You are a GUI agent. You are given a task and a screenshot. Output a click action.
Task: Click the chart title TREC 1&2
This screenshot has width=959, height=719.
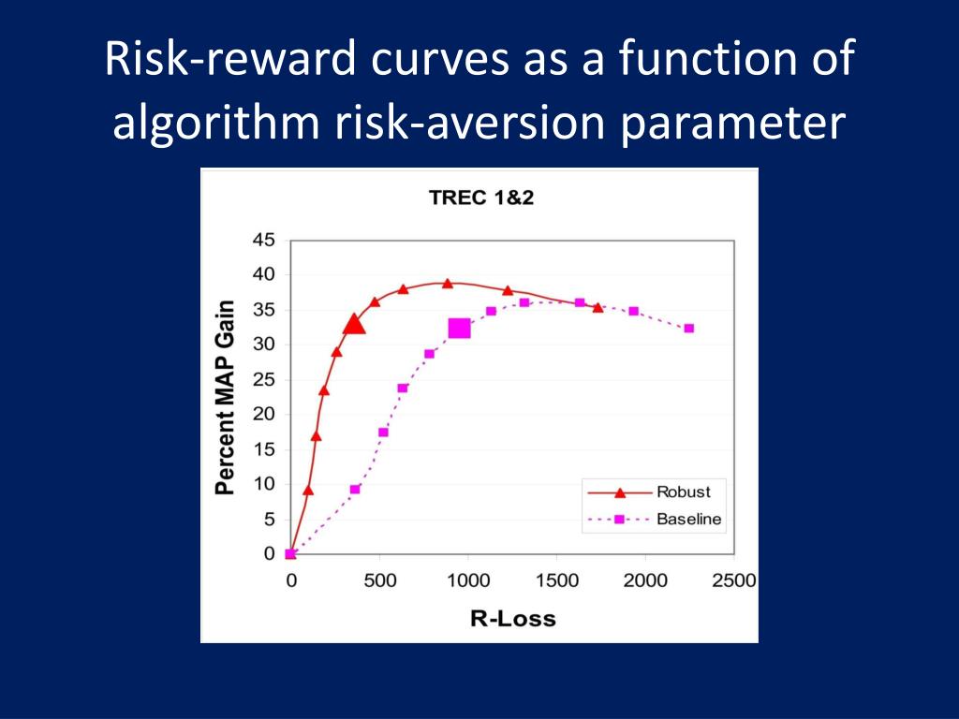coord(481,198)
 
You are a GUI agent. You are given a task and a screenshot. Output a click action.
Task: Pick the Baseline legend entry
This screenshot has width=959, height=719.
coord(655,519)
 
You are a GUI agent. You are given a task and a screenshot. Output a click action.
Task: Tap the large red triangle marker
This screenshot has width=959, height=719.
coord(353,324)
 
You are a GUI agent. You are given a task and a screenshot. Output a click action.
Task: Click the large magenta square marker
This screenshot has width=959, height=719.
coord(459,329)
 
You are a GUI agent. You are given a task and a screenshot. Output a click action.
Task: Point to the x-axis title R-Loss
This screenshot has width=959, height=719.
coord(512,619)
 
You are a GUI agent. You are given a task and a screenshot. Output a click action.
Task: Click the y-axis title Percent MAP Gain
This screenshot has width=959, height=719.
coord(225,397)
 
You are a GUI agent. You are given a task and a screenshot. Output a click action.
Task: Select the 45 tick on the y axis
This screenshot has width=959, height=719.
coord(263,241)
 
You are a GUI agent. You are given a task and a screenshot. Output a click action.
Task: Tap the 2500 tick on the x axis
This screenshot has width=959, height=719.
coord(734,580)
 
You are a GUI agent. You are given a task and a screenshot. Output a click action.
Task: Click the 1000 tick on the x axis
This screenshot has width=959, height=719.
coord(468,580)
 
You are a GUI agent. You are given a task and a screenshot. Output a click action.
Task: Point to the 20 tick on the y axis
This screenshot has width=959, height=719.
coord(263,414)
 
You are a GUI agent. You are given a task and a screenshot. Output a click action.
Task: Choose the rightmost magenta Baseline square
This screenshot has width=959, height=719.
coord(688,329)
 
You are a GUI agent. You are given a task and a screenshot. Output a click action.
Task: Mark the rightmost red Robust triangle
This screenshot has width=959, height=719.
coord(598,307)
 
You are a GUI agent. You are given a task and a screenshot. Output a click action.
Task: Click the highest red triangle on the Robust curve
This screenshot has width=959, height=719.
coord(447,283)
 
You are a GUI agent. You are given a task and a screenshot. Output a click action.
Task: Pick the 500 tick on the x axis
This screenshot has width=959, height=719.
coord(380,580)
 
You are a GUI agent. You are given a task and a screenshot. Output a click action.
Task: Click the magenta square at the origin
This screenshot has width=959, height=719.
coord(290,554)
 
